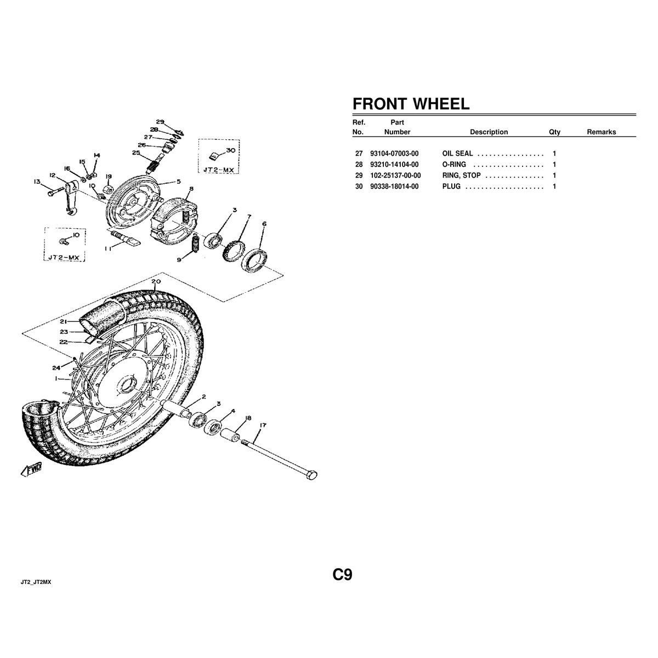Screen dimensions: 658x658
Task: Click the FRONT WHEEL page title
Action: click(x=411, y=104)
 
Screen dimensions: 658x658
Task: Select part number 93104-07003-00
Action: click(x=394, y=154)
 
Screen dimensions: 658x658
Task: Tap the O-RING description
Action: click(x=454, y=164)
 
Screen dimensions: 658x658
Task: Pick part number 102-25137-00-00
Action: click(x=395, y=175)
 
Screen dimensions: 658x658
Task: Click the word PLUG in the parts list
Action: click(x=451, y=186)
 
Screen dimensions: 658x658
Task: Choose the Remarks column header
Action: click(x=602, y=132)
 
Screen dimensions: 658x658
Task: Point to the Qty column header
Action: click(x=554, y=132)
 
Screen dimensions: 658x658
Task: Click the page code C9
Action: click(x=342, y=574)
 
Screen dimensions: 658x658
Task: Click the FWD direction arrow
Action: click(x=31, y=470)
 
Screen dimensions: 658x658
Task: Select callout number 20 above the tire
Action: click(x=156, y=281)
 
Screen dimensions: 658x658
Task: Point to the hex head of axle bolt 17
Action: click(x=311, y=475)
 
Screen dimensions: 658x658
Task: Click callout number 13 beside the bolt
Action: click(x=37, y=181)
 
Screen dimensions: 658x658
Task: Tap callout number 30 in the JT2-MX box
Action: click(x=231, y=150)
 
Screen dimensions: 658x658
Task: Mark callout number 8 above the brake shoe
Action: click(x=191, y=189)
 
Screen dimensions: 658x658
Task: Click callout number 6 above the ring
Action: click(x=264, y=224)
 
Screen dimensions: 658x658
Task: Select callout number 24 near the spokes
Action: click(x=56, y=367)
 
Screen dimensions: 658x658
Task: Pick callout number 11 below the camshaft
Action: click(x=108, y=248)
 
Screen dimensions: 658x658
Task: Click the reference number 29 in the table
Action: click(x=359, y=175)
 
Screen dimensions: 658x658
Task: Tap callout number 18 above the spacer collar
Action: click(x=248, y=418)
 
